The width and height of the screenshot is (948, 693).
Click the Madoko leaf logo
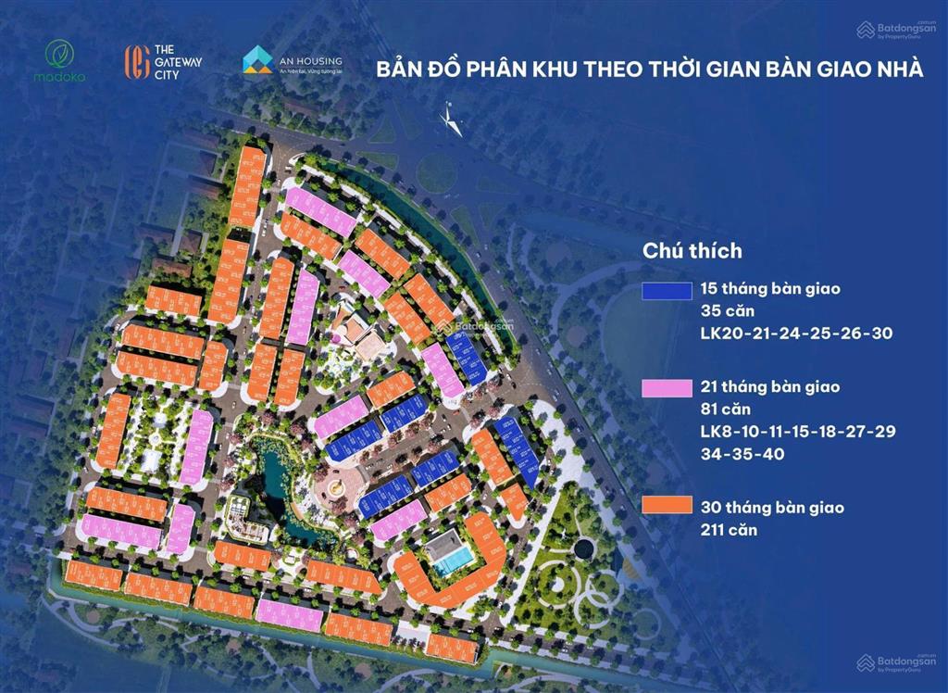65,54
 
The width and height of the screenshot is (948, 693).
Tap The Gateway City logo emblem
137,61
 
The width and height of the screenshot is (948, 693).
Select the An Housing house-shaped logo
257,59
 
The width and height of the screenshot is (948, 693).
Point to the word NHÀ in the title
896,70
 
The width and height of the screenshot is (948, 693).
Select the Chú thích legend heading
692,250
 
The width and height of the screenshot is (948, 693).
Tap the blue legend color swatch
667,290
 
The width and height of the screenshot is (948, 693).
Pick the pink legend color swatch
667,388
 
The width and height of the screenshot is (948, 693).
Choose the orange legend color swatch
667,506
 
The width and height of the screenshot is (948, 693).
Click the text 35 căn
729,310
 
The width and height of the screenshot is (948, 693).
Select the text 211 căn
730,530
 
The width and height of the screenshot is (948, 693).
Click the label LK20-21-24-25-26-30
796,333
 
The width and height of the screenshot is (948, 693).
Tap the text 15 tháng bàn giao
770,289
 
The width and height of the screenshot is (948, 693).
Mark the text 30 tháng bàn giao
772,508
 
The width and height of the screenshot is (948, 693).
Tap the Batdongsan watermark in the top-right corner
896,30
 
